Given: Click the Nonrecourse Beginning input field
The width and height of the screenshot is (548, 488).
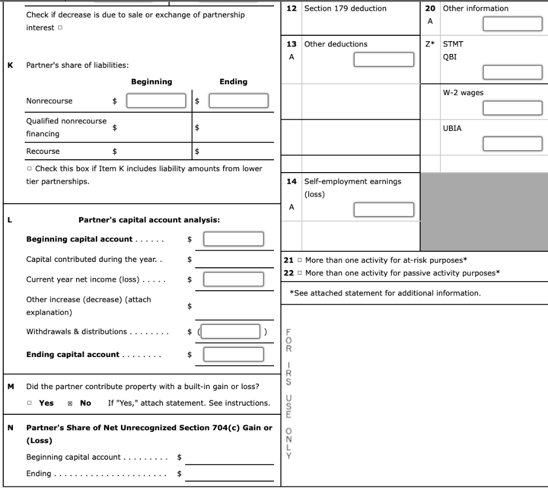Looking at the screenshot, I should [156, 100].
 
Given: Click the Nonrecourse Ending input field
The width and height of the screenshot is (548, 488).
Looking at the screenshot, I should [238, 100].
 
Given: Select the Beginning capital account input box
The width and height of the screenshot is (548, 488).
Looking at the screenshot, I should [233, 239].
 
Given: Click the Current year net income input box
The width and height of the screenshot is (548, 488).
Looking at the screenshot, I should [233, 279].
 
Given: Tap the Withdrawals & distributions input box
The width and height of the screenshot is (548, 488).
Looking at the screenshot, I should [231, 331].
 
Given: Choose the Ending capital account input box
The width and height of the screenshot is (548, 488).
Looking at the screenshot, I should [233, 354].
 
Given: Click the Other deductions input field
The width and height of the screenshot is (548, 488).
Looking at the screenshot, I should [384, 59].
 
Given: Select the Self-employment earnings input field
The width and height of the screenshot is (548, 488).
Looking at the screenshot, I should [384, 210].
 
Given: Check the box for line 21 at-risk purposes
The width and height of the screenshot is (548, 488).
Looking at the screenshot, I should [300, 260].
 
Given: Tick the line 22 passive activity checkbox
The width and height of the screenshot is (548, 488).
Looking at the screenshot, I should [300, 273].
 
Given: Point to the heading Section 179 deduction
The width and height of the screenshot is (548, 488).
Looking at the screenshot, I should [345, 9].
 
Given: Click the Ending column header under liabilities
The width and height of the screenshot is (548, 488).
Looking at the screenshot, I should [233, 82].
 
